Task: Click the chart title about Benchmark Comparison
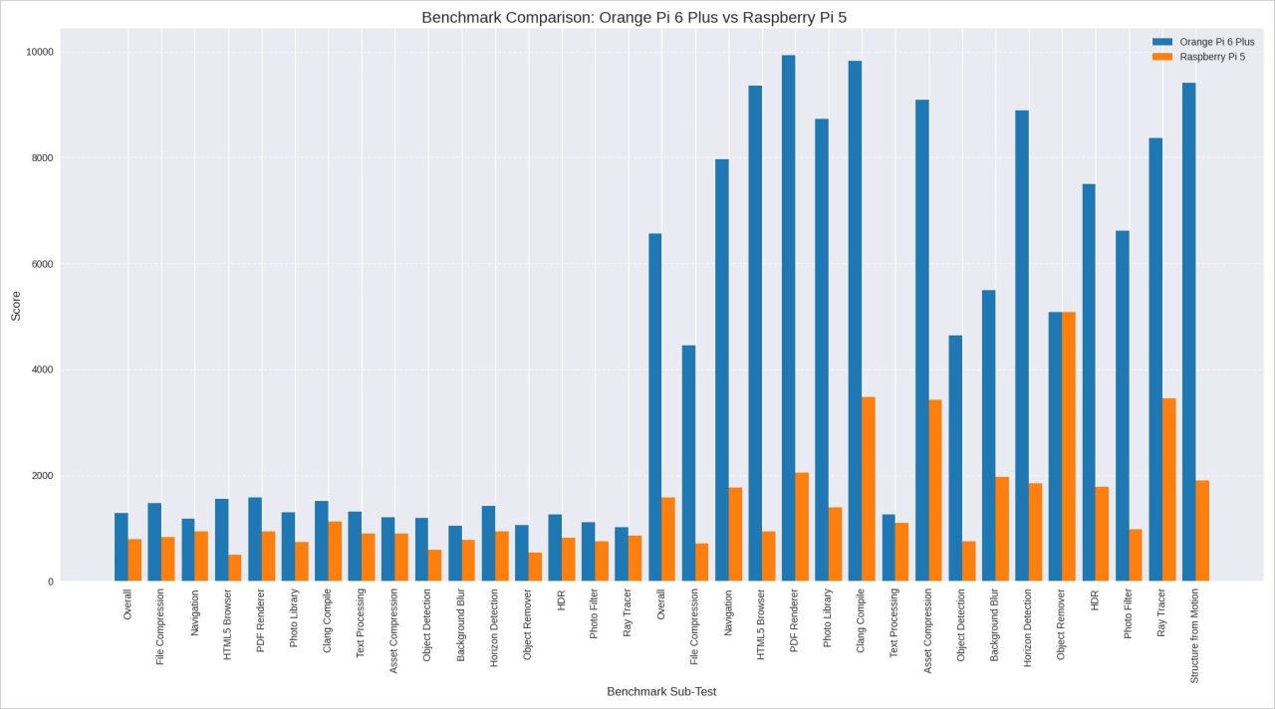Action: [634, 17]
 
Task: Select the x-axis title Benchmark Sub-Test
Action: [661, 691]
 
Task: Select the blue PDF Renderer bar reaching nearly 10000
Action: [788, 319]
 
